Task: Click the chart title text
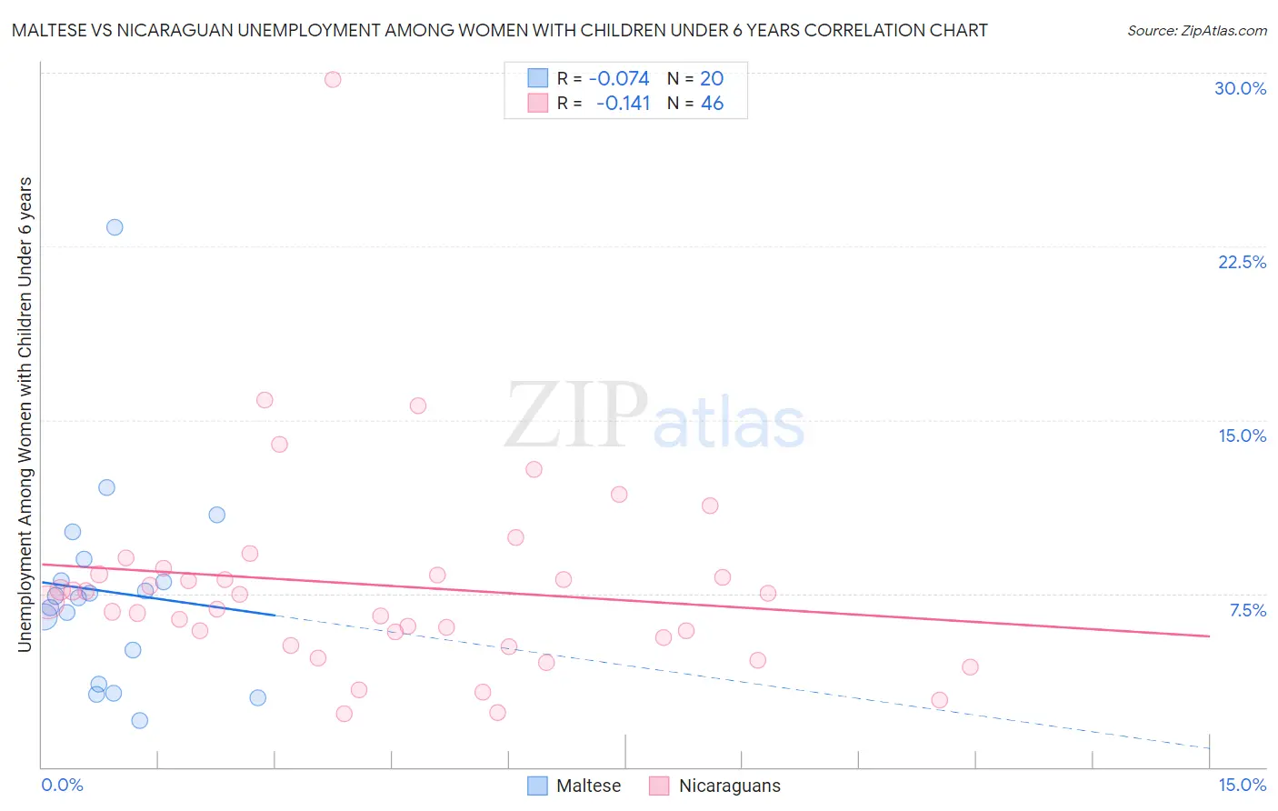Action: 499,30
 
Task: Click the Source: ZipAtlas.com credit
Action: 1196,30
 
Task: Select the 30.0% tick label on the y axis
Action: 1240,88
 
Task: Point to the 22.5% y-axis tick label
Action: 1242,262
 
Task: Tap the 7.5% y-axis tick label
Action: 1247,610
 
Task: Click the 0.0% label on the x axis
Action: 62,785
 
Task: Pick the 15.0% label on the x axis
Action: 1242,785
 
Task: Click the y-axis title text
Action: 25,414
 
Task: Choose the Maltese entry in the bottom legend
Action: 574,786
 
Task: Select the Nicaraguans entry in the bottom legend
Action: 714,786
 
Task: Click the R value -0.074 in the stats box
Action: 619,79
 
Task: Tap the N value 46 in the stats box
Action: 712,104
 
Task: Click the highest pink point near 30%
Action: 333,79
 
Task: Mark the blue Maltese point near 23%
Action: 115,227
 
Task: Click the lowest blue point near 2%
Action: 139,720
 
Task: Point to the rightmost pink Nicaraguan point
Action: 970,666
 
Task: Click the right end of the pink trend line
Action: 1210,636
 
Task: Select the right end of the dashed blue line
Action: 1210,747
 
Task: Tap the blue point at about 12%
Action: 106,487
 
